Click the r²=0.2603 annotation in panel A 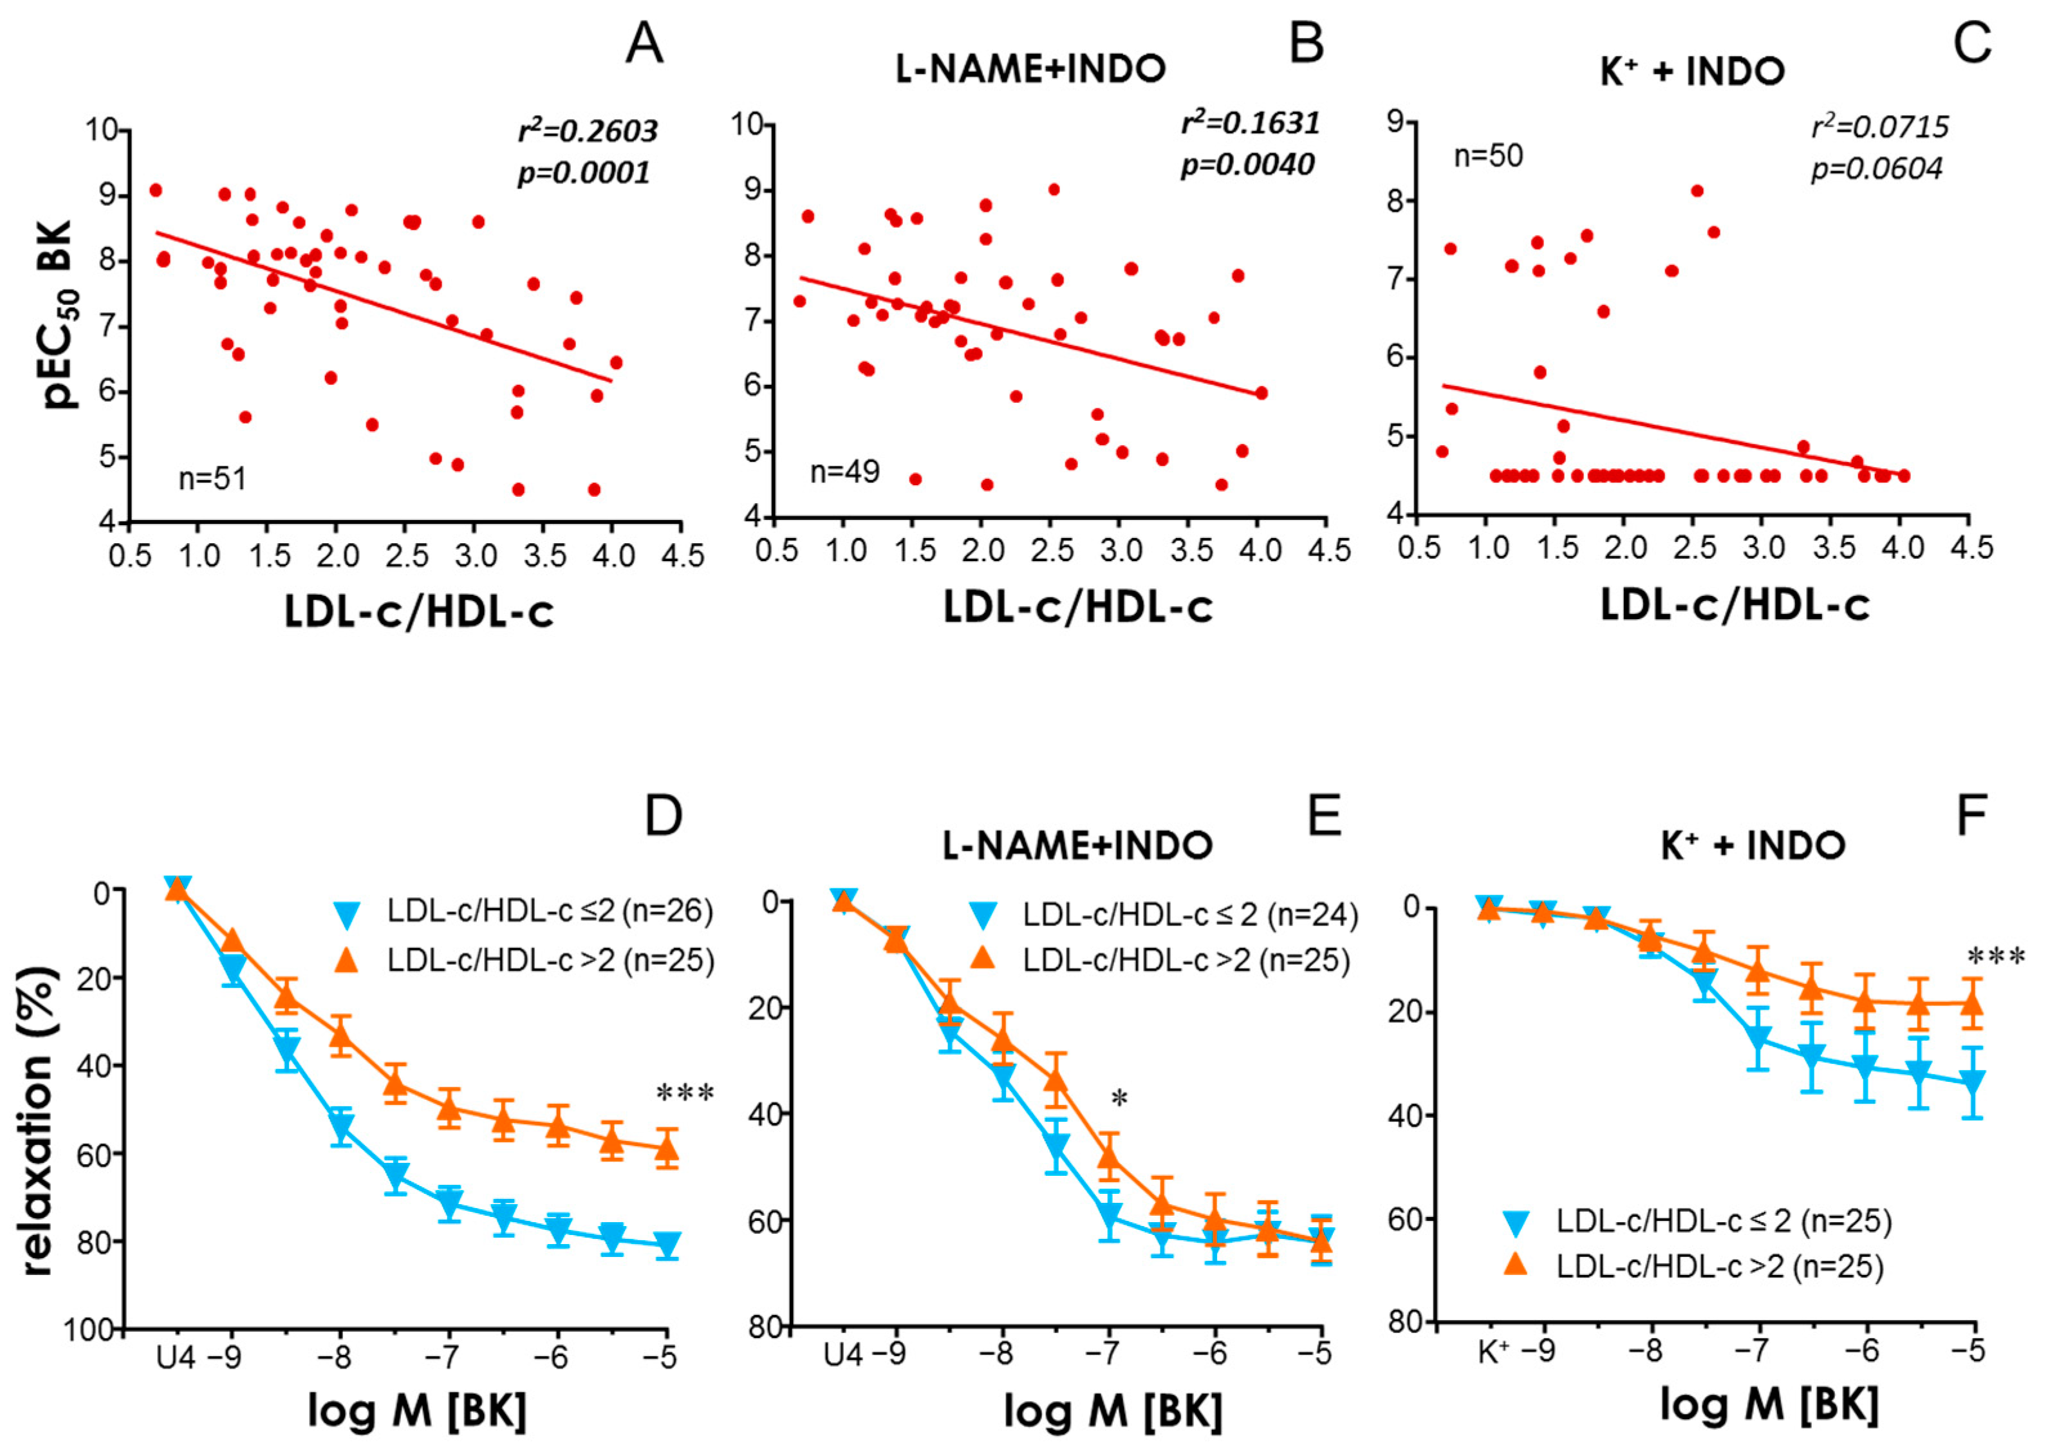588,132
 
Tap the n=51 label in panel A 212,479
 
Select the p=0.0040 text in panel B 1247,164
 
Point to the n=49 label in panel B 844,470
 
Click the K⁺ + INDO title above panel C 1691,71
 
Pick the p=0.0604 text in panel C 1876,168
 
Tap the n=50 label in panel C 1487,156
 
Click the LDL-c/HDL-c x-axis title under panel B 1077,607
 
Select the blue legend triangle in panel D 346,915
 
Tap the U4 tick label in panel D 175,1358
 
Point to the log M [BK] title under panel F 1769,1404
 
